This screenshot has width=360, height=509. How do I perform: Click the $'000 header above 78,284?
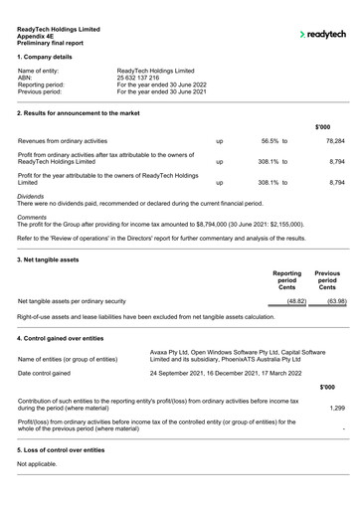tap(322, 127)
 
